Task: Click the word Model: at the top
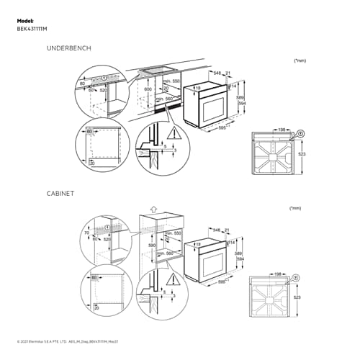[x=25, y=22]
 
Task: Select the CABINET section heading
[x=60, y=194]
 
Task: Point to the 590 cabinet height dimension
[x=150, y=246]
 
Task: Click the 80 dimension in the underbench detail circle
[x=82, y=84]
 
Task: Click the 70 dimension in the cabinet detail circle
[x=86, y=233]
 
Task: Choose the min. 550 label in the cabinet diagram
[x=173, y=234]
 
